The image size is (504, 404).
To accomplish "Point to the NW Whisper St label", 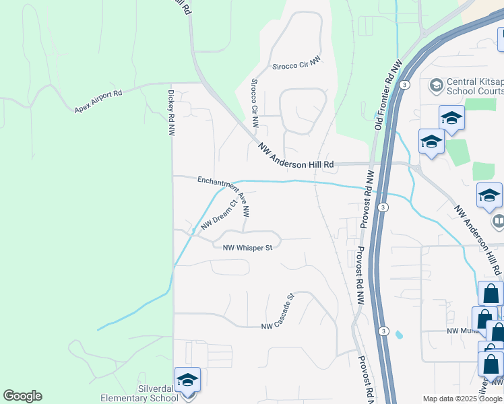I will click(247, 247).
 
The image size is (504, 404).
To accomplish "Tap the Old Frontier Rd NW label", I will click(387, 95).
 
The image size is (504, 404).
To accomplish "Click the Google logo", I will click(22, 396).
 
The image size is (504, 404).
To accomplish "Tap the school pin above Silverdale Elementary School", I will click(187, 378).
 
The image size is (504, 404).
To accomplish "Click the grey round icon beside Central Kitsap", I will click(436, 86).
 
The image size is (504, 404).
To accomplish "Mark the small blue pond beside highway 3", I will click(399, 334).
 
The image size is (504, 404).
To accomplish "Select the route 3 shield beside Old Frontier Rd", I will click(404, 84).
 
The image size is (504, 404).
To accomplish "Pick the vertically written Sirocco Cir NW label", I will click(254, 104).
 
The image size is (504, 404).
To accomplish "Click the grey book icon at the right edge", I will click(499, 220).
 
